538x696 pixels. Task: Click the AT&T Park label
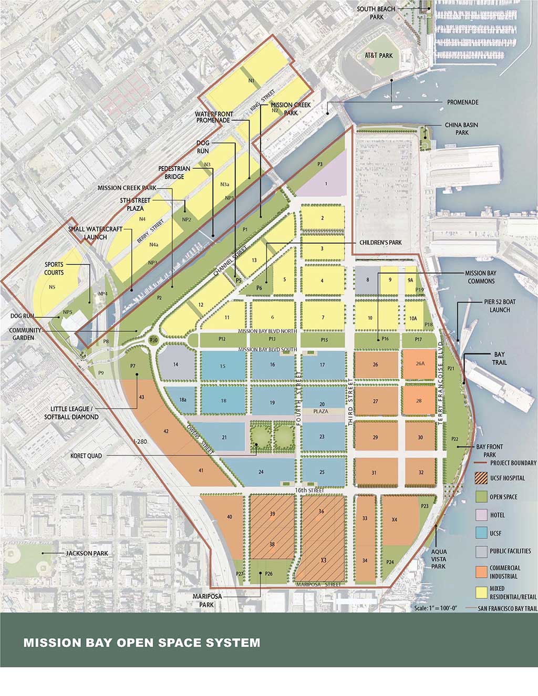point(379,56)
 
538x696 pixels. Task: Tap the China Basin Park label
point(461,129)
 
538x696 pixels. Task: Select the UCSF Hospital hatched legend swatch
point(482,478)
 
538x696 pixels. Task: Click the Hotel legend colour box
point(482,515)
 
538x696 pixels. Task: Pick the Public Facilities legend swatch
point(482,551)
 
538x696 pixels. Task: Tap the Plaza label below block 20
point(320,411)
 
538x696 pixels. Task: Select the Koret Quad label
point(86,456)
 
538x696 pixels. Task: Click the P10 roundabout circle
point(154,340)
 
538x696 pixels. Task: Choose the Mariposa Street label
point(318,584)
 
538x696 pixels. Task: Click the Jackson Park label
point(87,553)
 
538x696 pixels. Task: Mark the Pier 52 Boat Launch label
point(500,306)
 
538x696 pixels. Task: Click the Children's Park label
point(380,243)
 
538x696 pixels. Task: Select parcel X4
point(395,520)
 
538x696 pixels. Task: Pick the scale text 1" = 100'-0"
point(436,608)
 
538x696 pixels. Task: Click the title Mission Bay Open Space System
point(141,642)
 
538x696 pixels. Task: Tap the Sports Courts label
point(54,268)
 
